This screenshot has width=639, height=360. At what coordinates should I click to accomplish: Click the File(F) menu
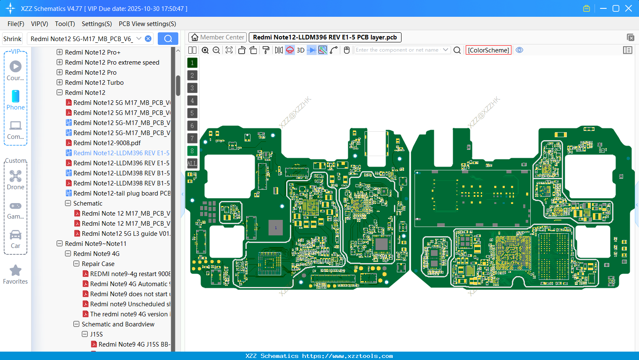16,24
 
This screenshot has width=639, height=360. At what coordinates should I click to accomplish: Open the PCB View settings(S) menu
147,24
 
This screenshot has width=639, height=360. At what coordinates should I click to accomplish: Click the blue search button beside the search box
168,39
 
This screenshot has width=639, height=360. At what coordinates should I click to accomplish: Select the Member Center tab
217,37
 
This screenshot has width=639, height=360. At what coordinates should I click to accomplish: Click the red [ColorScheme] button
488,50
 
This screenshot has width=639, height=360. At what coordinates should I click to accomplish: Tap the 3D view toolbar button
300,50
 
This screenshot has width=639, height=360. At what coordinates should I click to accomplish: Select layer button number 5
192,113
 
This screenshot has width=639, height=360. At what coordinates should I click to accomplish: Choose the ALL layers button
192,163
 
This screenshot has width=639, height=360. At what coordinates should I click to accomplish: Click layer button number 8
192,151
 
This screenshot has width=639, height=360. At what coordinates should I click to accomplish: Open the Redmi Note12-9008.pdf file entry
107,143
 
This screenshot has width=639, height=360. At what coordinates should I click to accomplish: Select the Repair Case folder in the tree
98,264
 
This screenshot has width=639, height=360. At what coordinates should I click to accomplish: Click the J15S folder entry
96,334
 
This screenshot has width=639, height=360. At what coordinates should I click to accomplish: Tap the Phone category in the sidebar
16,100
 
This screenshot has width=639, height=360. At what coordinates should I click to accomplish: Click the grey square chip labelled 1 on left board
276,227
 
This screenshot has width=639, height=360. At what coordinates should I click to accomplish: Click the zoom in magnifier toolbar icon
205,50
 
